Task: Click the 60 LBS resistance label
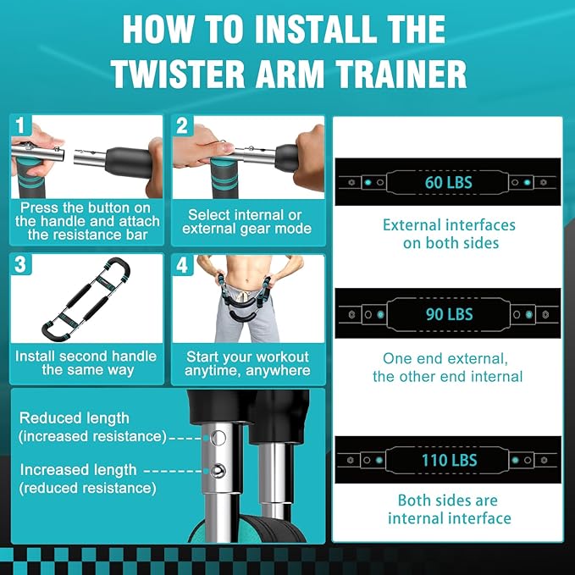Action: click(448, 181)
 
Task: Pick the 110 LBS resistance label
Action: click(448, 461)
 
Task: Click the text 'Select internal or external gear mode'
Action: click(247, 222)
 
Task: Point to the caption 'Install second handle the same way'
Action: click(87, 363)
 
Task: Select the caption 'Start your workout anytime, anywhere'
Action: click(247, 363)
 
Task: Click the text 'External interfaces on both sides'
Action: click(448, 235)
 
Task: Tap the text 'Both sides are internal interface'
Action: click(448, 509)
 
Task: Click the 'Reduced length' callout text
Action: click(75, 418)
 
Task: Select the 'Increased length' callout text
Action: click(78, 469)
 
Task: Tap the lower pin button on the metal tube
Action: click(218, 471)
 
